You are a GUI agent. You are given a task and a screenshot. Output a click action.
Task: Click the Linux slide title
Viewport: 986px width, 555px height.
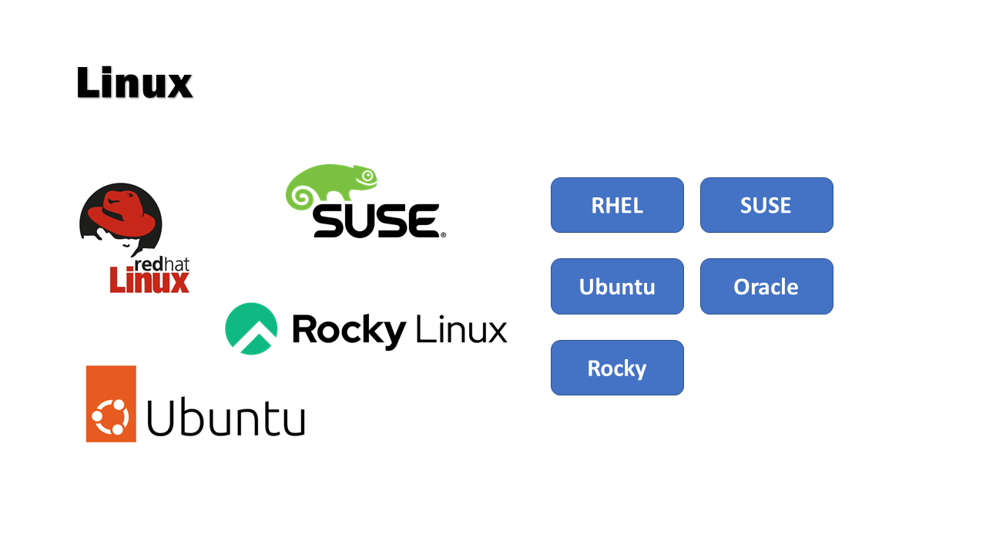coord(134,83)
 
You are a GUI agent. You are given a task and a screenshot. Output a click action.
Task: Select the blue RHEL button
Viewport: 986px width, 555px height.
coord(617,205)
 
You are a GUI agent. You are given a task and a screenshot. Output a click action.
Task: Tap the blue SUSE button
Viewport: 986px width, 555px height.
coord(766,205)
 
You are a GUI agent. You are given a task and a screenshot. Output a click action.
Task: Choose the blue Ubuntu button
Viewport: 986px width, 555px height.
coord(617,287)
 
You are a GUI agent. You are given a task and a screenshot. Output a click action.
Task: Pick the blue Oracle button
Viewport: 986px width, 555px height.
coord(766,287)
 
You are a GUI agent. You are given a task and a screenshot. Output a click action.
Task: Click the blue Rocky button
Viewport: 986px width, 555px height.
coord(617,368)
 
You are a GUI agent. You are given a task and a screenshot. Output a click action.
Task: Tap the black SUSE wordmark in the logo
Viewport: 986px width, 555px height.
coord(375,220)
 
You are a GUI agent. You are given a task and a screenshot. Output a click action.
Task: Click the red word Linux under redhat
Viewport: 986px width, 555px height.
coord(149,281)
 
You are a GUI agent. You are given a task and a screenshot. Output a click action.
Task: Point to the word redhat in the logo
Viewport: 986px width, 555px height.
coord(162,264)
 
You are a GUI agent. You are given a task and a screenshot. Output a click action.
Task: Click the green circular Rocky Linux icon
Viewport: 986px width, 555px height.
coord(251,328)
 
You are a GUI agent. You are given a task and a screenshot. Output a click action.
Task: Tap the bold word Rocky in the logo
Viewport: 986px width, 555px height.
coord(348,330)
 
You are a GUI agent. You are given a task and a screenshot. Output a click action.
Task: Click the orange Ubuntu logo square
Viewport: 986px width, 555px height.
coord(111,404)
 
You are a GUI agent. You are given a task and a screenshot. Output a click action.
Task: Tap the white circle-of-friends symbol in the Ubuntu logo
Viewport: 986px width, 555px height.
coord(110,417)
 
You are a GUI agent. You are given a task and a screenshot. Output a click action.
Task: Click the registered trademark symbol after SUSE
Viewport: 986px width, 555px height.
coord(442,234)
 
